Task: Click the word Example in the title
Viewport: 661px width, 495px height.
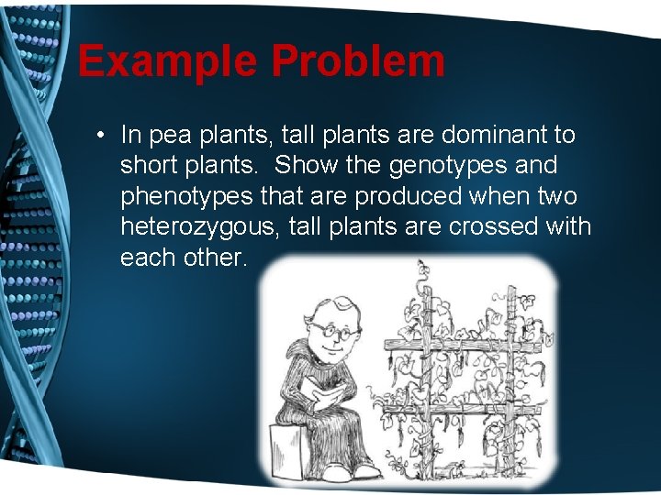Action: (168, 61)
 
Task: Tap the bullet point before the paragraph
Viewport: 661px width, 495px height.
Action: (98, 136)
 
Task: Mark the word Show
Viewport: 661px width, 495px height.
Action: (306, 166)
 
